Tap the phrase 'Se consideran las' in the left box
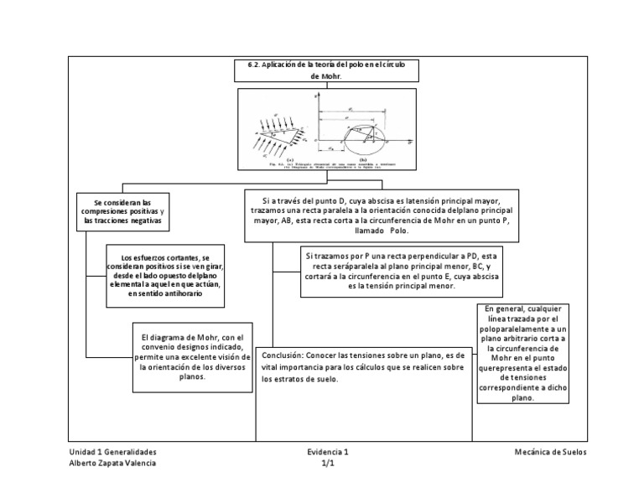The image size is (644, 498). pos(122,202)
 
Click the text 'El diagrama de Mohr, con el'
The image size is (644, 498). pos(192,337)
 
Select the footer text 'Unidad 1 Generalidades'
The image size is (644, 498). pos(112,452)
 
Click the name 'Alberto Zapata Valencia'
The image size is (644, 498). pos(112,463)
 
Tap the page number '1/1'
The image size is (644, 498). pos(327,463)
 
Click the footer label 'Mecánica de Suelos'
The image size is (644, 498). pos(551,452)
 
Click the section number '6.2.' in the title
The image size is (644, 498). pos(257,65)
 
